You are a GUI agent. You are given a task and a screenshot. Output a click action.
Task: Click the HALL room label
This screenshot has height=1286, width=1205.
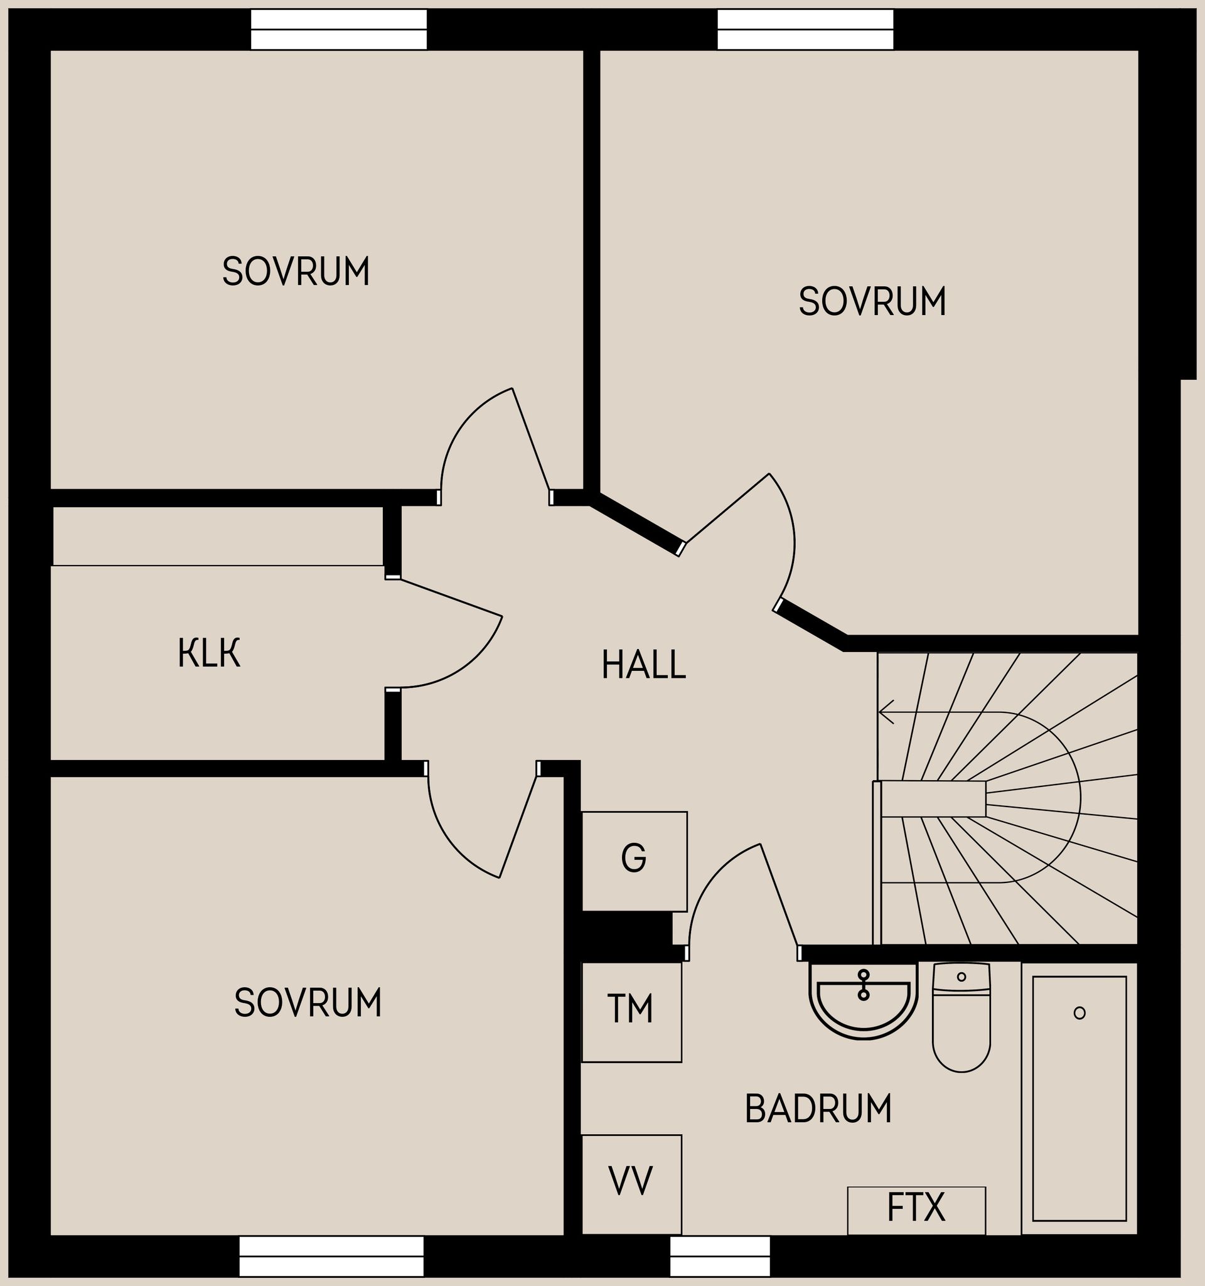tap(643, 665)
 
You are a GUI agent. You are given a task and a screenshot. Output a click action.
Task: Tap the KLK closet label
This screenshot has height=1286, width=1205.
tap(209, 653)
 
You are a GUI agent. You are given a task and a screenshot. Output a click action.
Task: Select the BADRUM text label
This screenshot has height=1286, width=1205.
tap(818, 1109)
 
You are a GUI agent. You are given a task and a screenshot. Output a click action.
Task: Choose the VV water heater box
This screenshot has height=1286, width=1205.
tap(631, 1181)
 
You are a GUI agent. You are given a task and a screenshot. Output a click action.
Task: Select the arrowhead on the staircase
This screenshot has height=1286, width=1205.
tap(885, 712)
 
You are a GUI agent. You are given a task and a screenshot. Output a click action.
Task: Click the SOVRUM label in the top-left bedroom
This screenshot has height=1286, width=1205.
tap(296, 271)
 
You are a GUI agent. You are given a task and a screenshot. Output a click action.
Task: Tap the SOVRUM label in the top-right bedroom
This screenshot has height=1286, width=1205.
tap(872, 301)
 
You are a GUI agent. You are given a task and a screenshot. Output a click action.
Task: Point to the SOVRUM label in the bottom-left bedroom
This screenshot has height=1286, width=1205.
tap(308, 1004)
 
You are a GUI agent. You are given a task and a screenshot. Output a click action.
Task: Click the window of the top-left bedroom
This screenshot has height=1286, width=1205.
tap(338, 29)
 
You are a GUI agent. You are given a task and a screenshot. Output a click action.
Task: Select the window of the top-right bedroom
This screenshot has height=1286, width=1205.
tap(805, 29)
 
